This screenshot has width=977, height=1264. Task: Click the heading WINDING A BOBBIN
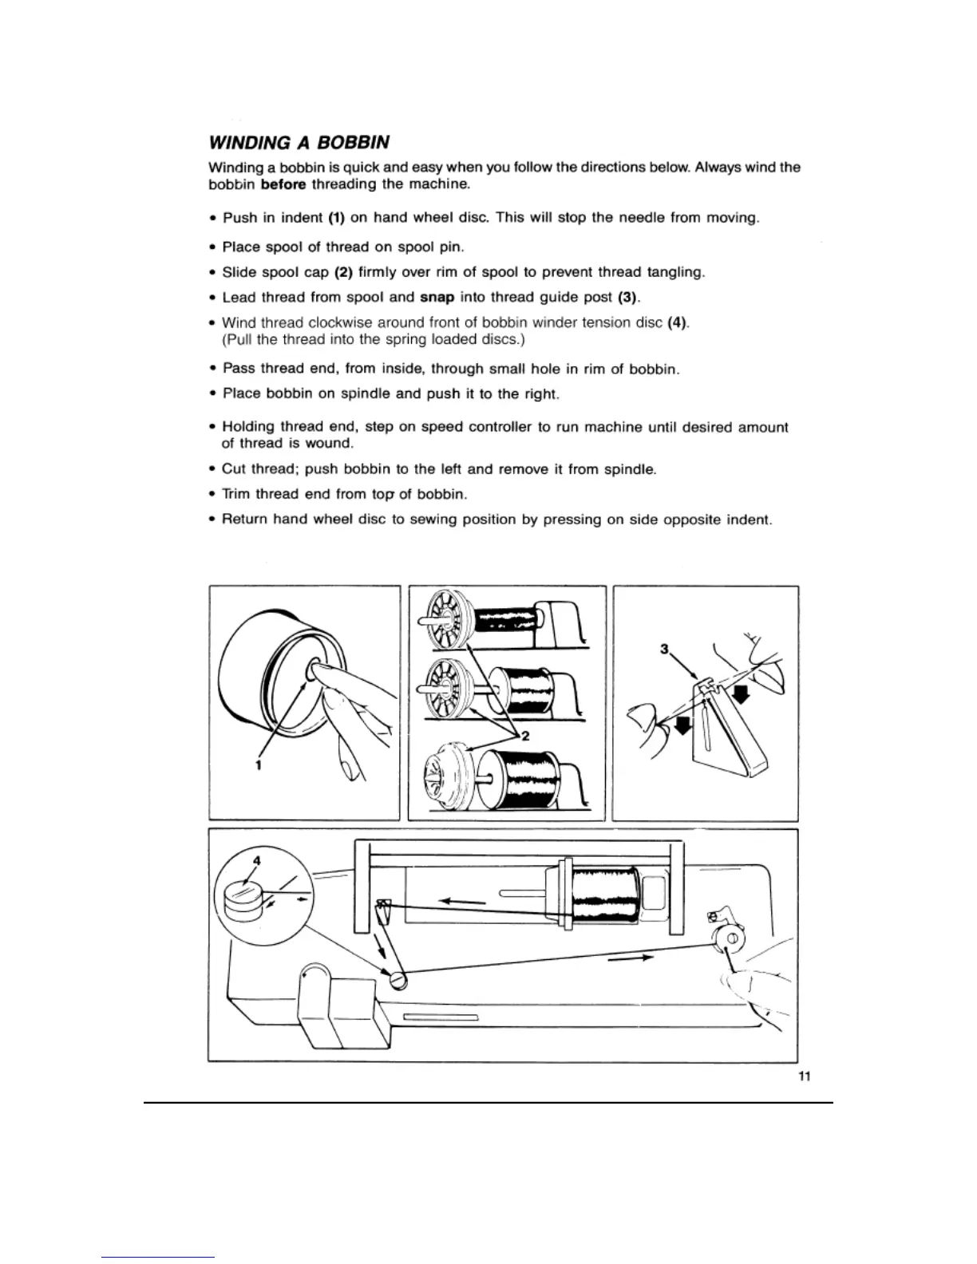click(x=299, y=143)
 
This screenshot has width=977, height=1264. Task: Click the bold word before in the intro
click(x=283, y=184)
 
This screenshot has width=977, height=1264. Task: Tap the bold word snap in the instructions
click(x=437, y=298)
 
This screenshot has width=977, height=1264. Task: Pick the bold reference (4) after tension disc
click(x=677, y=322)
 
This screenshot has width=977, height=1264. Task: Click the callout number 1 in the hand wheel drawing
click(x=259, y=765)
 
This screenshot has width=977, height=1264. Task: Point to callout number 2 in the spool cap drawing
click(x=524, y=736)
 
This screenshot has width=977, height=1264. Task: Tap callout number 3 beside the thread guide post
click(x=663, y=649)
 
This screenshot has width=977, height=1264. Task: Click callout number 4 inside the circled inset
click(x=256, y=860)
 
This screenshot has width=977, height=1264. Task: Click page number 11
click(x=805, y=1076)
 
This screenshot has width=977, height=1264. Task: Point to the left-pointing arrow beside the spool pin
click(x=463, y=900)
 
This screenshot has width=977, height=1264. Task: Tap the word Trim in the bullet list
click(x=237, y=494)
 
